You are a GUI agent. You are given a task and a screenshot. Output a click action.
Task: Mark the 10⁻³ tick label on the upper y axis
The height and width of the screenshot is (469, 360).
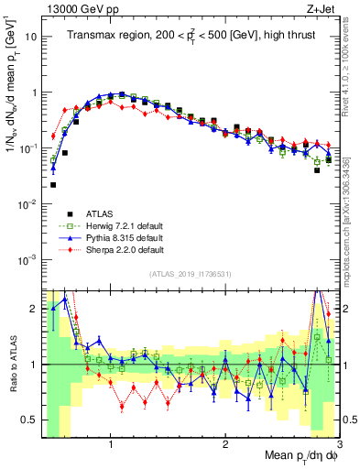click(x=27, y=259)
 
